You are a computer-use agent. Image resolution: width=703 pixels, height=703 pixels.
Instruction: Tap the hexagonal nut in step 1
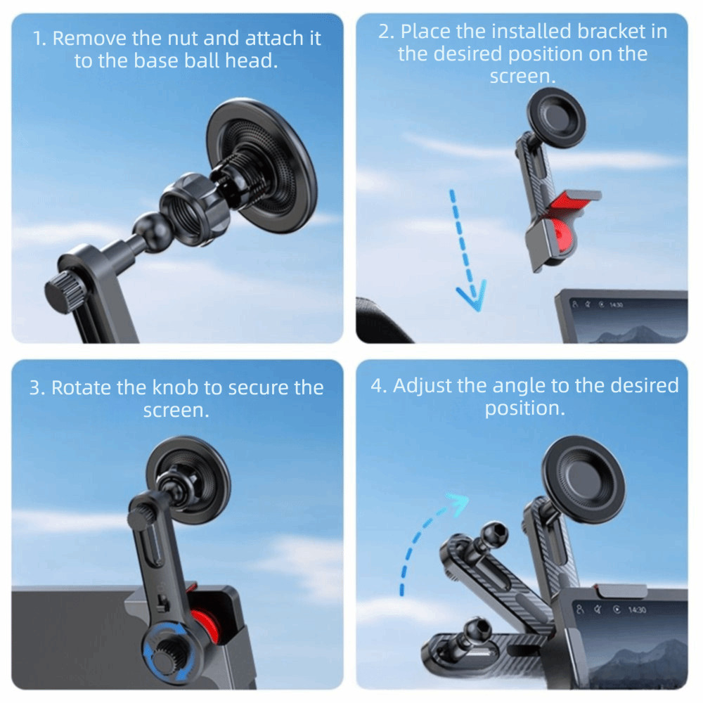[195, 209]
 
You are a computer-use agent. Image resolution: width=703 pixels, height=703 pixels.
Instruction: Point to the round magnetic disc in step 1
[262, 165]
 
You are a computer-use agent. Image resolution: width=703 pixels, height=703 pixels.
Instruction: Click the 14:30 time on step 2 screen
[616, 305]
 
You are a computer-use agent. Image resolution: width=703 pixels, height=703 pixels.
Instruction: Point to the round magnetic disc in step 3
[188, 480]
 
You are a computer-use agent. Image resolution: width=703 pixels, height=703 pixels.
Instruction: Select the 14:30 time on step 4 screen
[637, 610]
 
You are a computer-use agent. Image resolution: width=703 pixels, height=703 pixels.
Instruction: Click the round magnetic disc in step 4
[583, 480]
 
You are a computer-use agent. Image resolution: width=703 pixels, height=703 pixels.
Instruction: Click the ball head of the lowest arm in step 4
[477, 631]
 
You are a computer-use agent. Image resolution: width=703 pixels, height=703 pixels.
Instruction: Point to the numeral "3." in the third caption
[37, 388]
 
